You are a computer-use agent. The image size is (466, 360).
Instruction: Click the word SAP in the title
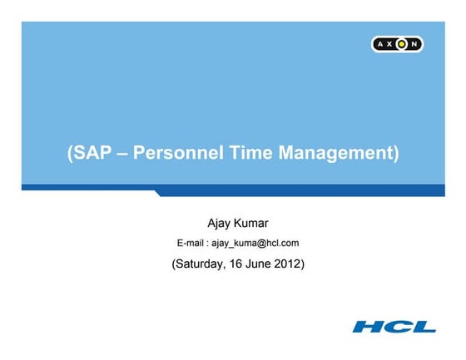coord(91,154)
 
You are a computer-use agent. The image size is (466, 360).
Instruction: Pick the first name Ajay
coord(220,223)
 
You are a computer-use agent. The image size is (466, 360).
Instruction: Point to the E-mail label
coord(191,244)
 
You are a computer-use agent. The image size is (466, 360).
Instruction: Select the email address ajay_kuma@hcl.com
coord(255,244)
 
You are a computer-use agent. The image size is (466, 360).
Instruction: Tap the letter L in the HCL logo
coord(424,326)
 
